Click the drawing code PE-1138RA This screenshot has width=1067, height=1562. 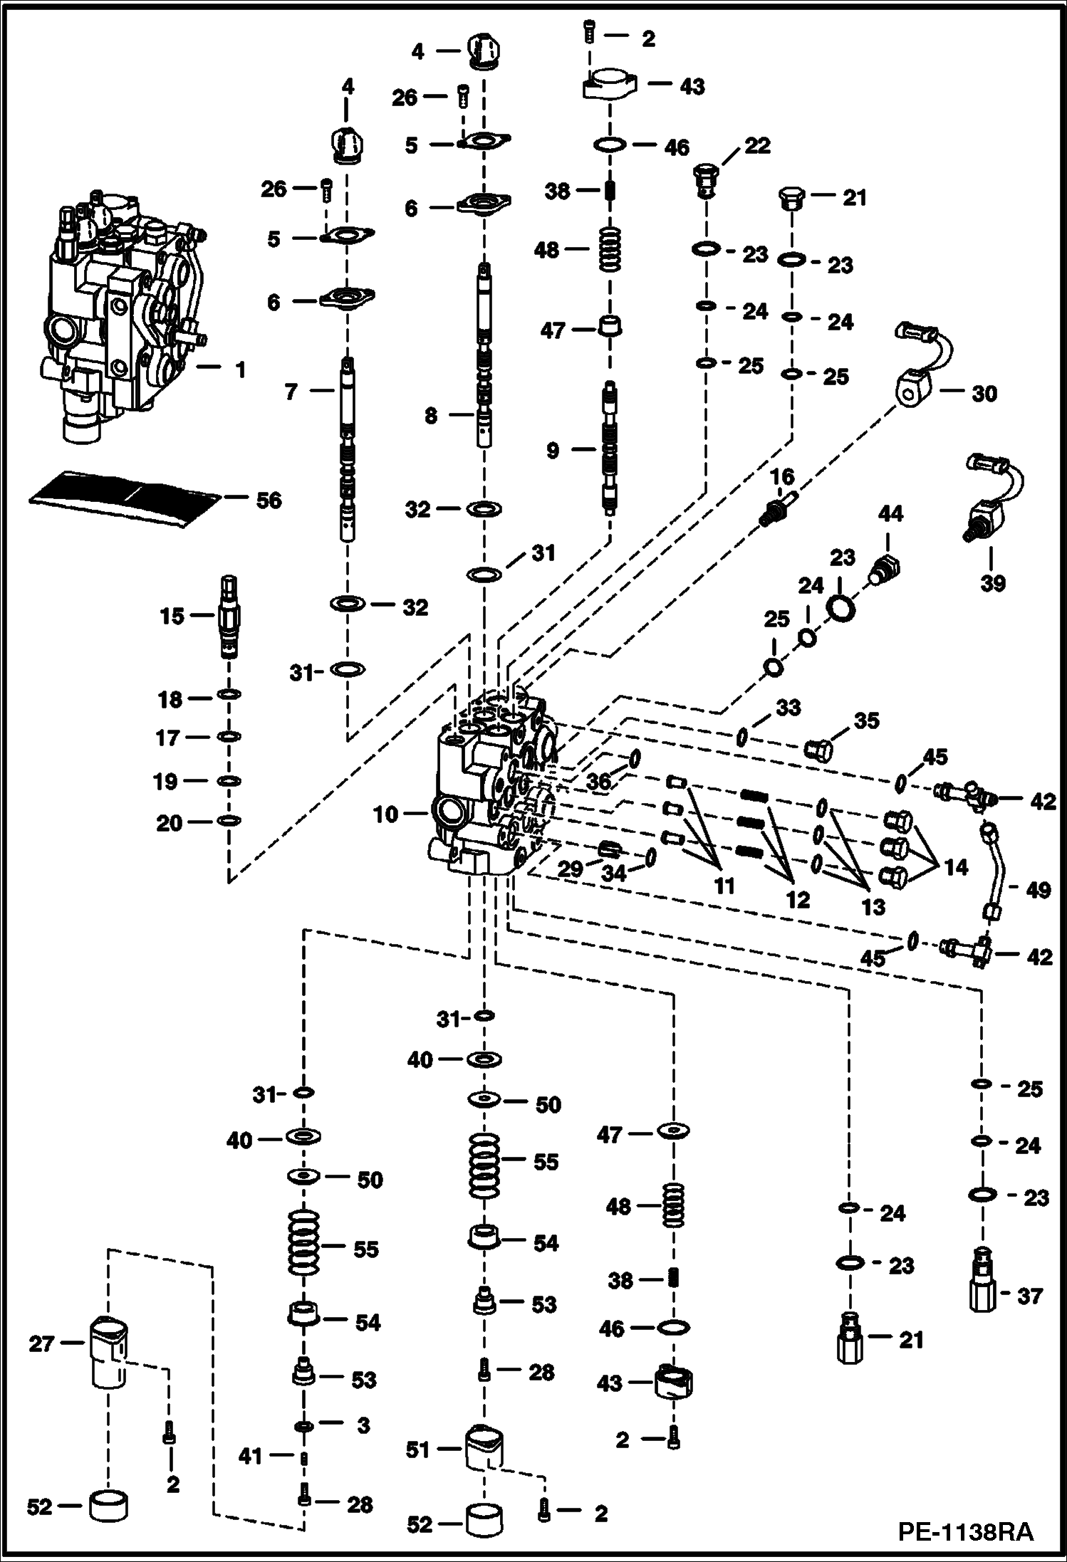(x=964, y=1531)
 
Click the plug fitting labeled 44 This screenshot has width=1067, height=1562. (x=885, y=570)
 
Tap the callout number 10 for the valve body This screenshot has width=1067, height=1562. (x=386, y=814)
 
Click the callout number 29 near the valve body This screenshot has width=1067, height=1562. (x=570, y=868)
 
